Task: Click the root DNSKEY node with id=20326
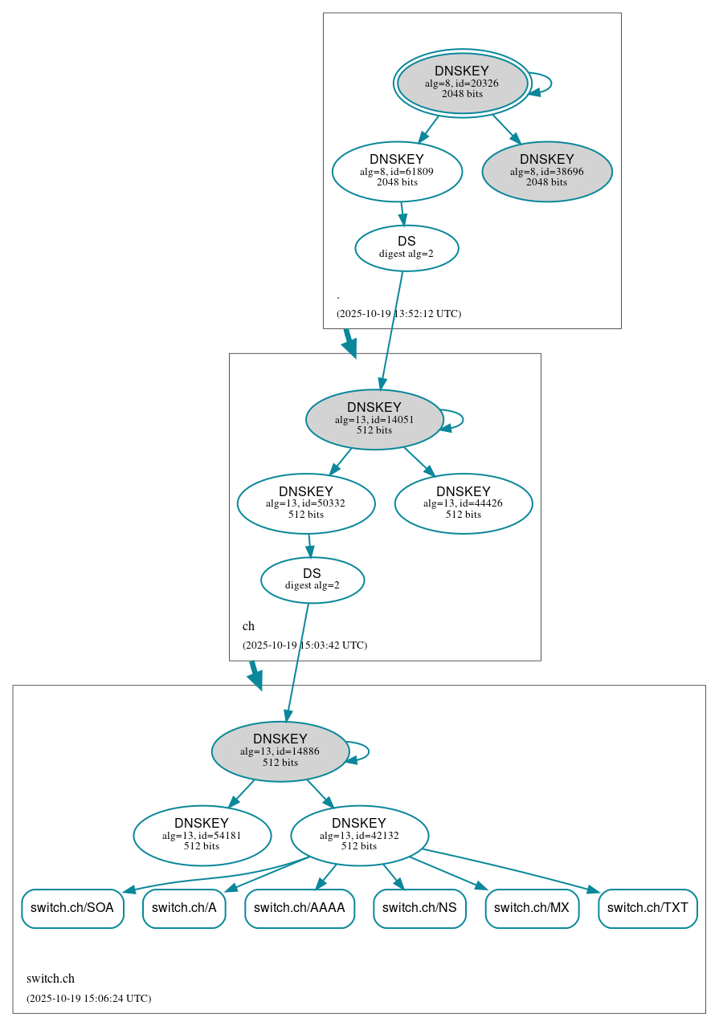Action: click(462, 83)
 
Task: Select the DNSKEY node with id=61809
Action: click(397, 171)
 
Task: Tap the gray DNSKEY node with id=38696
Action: click(547, 171)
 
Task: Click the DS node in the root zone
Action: click(406, 248)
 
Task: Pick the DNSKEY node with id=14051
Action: click(374, 419)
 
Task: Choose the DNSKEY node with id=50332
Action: click(306, 503)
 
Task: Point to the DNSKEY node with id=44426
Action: click(464, 503)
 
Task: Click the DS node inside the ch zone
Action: click(313, 580)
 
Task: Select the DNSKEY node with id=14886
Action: click(280, 751)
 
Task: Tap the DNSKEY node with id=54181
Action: click(202, 835)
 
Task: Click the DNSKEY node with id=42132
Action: click(359, 835)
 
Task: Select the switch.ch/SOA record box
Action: click(72, 908)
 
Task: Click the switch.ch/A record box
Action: click(184, 908)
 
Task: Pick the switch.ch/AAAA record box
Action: click(300, 908)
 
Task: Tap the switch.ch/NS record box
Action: click(419, 908)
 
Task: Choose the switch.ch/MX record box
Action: click(532, 908)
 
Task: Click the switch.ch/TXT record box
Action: click(648, 908)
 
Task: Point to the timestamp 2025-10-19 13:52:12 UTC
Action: click(398, 313)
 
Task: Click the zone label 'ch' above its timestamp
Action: click(248, 626)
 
